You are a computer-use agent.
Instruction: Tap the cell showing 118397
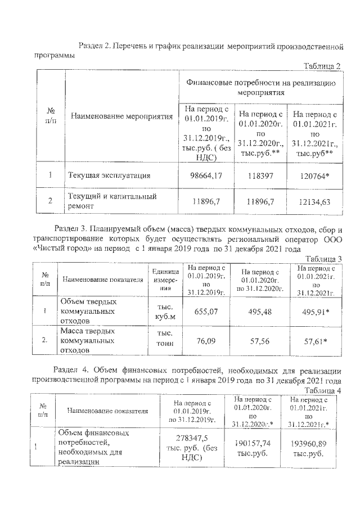260,175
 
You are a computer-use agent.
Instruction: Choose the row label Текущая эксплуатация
109,175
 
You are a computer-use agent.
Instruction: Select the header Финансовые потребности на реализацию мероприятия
259,87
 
